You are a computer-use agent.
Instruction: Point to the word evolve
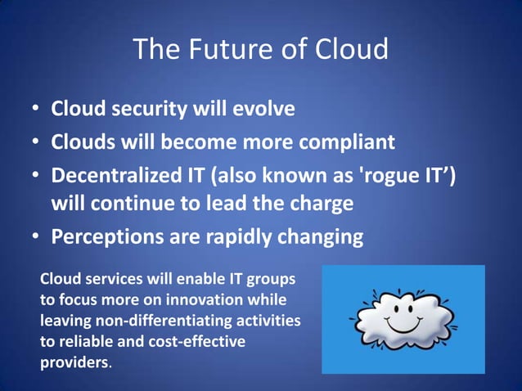263,109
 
